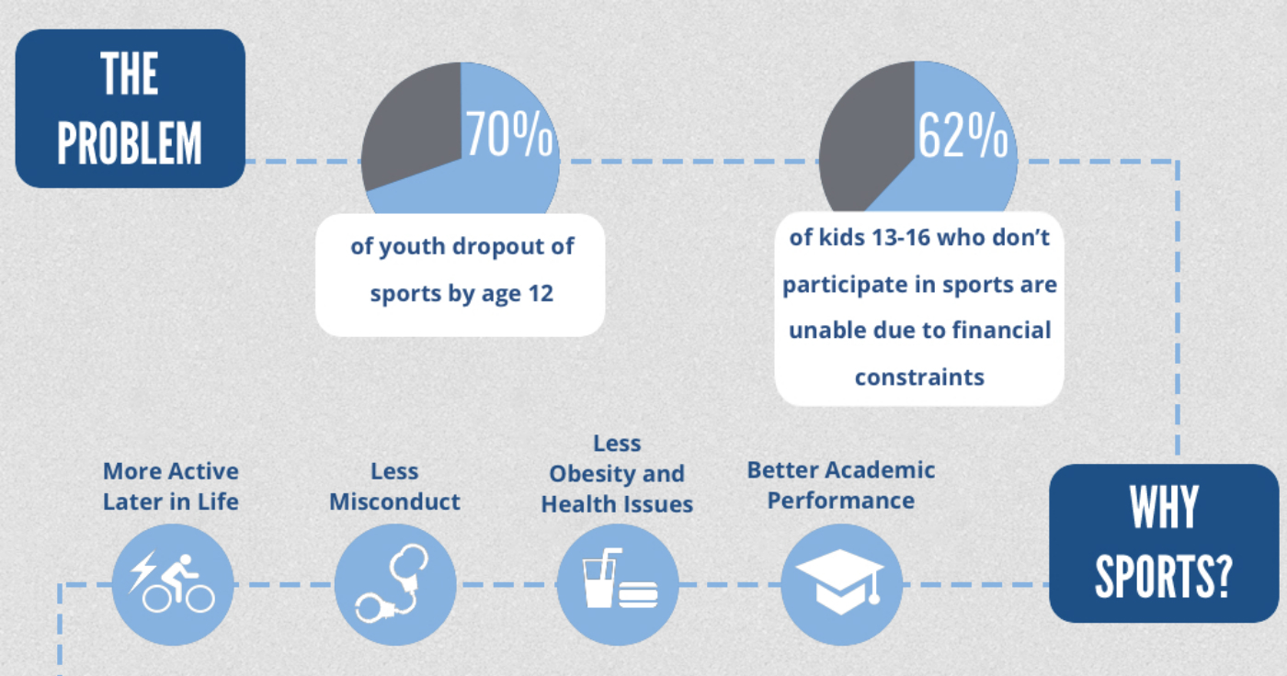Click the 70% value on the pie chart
[509, 133]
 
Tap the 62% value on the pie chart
[963, 135]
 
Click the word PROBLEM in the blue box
[130, 143]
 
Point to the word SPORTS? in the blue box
[1164, 577]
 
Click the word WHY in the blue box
[1164, 507]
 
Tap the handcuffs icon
[393, 583]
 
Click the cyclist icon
[172, 582]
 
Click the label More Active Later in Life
[171, 486]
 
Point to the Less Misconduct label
[394, 486]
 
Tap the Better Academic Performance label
[840, 485]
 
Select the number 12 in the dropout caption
[541, 293]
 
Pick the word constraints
[919, 377]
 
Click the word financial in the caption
[1001, 330]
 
